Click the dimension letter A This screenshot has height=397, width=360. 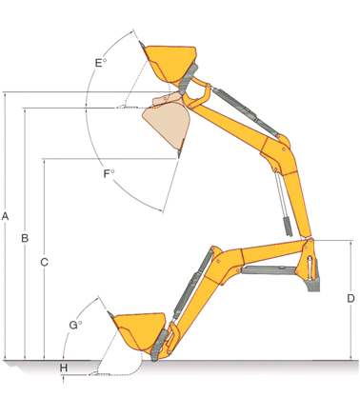pyautogui.click(x=5, y=216)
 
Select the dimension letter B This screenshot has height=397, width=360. pyautogui.click(x=25, y=238)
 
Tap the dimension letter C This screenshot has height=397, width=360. pyautogui.click(x=44, y=262)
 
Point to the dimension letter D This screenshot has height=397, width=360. pyautogui.click(x=350, y=298)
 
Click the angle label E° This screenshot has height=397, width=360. pyautogui.click(x=101, y=63)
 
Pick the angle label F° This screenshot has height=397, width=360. pyautogui.click(x=109, y=173)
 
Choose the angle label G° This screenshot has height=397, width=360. pyautogui.click(x=75, y=325)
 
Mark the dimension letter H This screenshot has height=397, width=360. pyautogui.click(x=64, y=368)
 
